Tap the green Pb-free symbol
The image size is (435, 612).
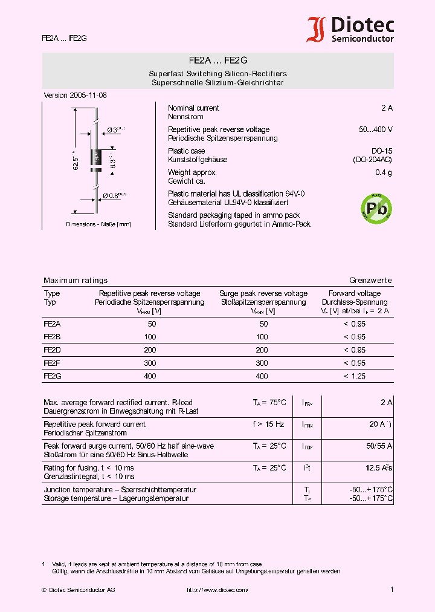point(376,209)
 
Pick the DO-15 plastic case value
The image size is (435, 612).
point(382,151)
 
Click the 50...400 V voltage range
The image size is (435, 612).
point(375,129)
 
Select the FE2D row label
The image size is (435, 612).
point(52,350)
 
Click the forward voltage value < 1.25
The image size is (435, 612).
point(355,376)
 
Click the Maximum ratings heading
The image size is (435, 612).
point(76,281)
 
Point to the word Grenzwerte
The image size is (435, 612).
point(370,281)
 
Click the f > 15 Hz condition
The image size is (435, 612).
point(269,424)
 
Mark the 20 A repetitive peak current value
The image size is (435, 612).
point(379,424)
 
